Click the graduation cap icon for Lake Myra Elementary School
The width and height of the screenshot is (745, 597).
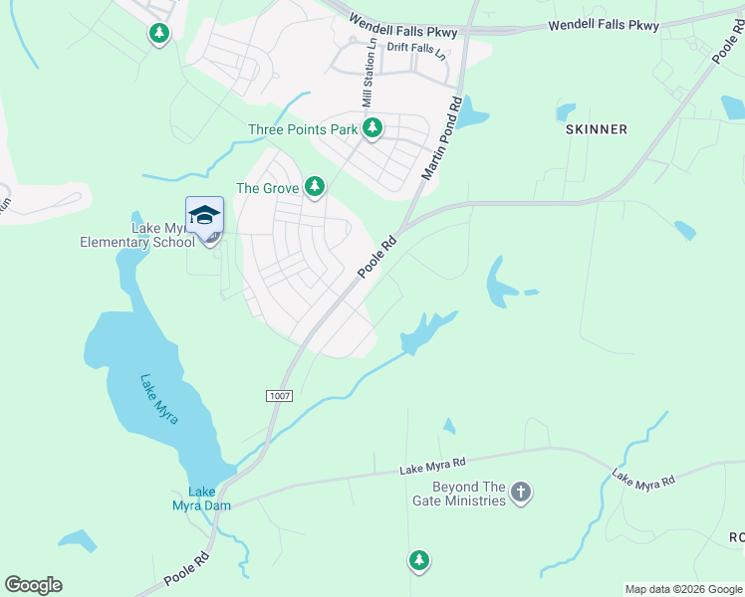coord(204,215)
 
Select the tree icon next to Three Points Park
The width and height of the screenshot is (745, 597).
coord(372,128)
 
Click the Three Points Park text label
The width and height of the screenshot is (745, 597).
coord(302,129)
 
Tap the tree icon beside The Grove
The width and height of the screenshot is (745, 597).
coord(315,186)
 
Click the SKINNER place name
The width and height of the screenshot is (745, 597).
coord(597,129)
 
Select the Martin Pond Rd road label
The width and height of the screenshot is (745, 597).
coord(441,138)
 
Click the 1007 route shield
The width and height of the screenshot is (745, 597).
coord(280,396)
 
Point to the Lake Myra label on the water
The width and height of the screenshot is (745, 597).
coord(159,399)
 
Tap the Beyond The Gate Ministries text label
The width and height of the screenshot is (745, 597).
coord(469,494)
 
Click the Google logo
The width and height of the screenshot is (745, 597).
coord(33,584)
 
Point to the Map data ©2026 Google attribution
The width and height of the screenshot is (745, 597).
coord(683,589)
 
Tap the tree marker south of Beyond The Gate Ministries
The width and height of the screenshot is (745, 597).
coord(419,561)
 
